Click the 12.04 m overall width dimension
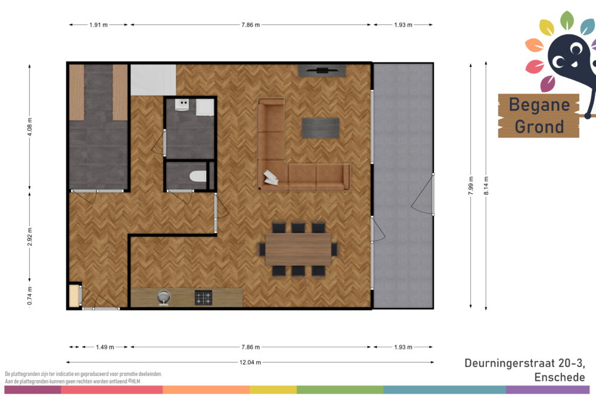250,362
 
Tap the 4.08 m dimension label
30,127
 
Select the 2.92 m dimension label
30,237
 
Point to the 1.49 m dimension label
105,347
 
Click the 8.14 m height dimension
486,186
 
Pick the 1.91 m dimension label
98,24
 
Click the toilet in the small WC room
198,176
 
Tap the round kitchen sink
164,297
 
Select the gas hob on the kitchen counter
203,298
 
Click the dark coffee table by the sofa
321,128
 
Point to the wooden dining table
298,249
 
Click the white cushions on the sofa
271,177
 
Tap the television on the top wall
322,70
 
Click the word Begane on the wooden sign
539,105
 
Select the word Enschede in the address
560,377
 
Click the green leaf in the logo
566,20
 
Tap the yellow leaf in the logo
547,27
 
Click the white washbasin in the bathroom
182,104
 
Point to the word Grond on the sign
539,127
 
